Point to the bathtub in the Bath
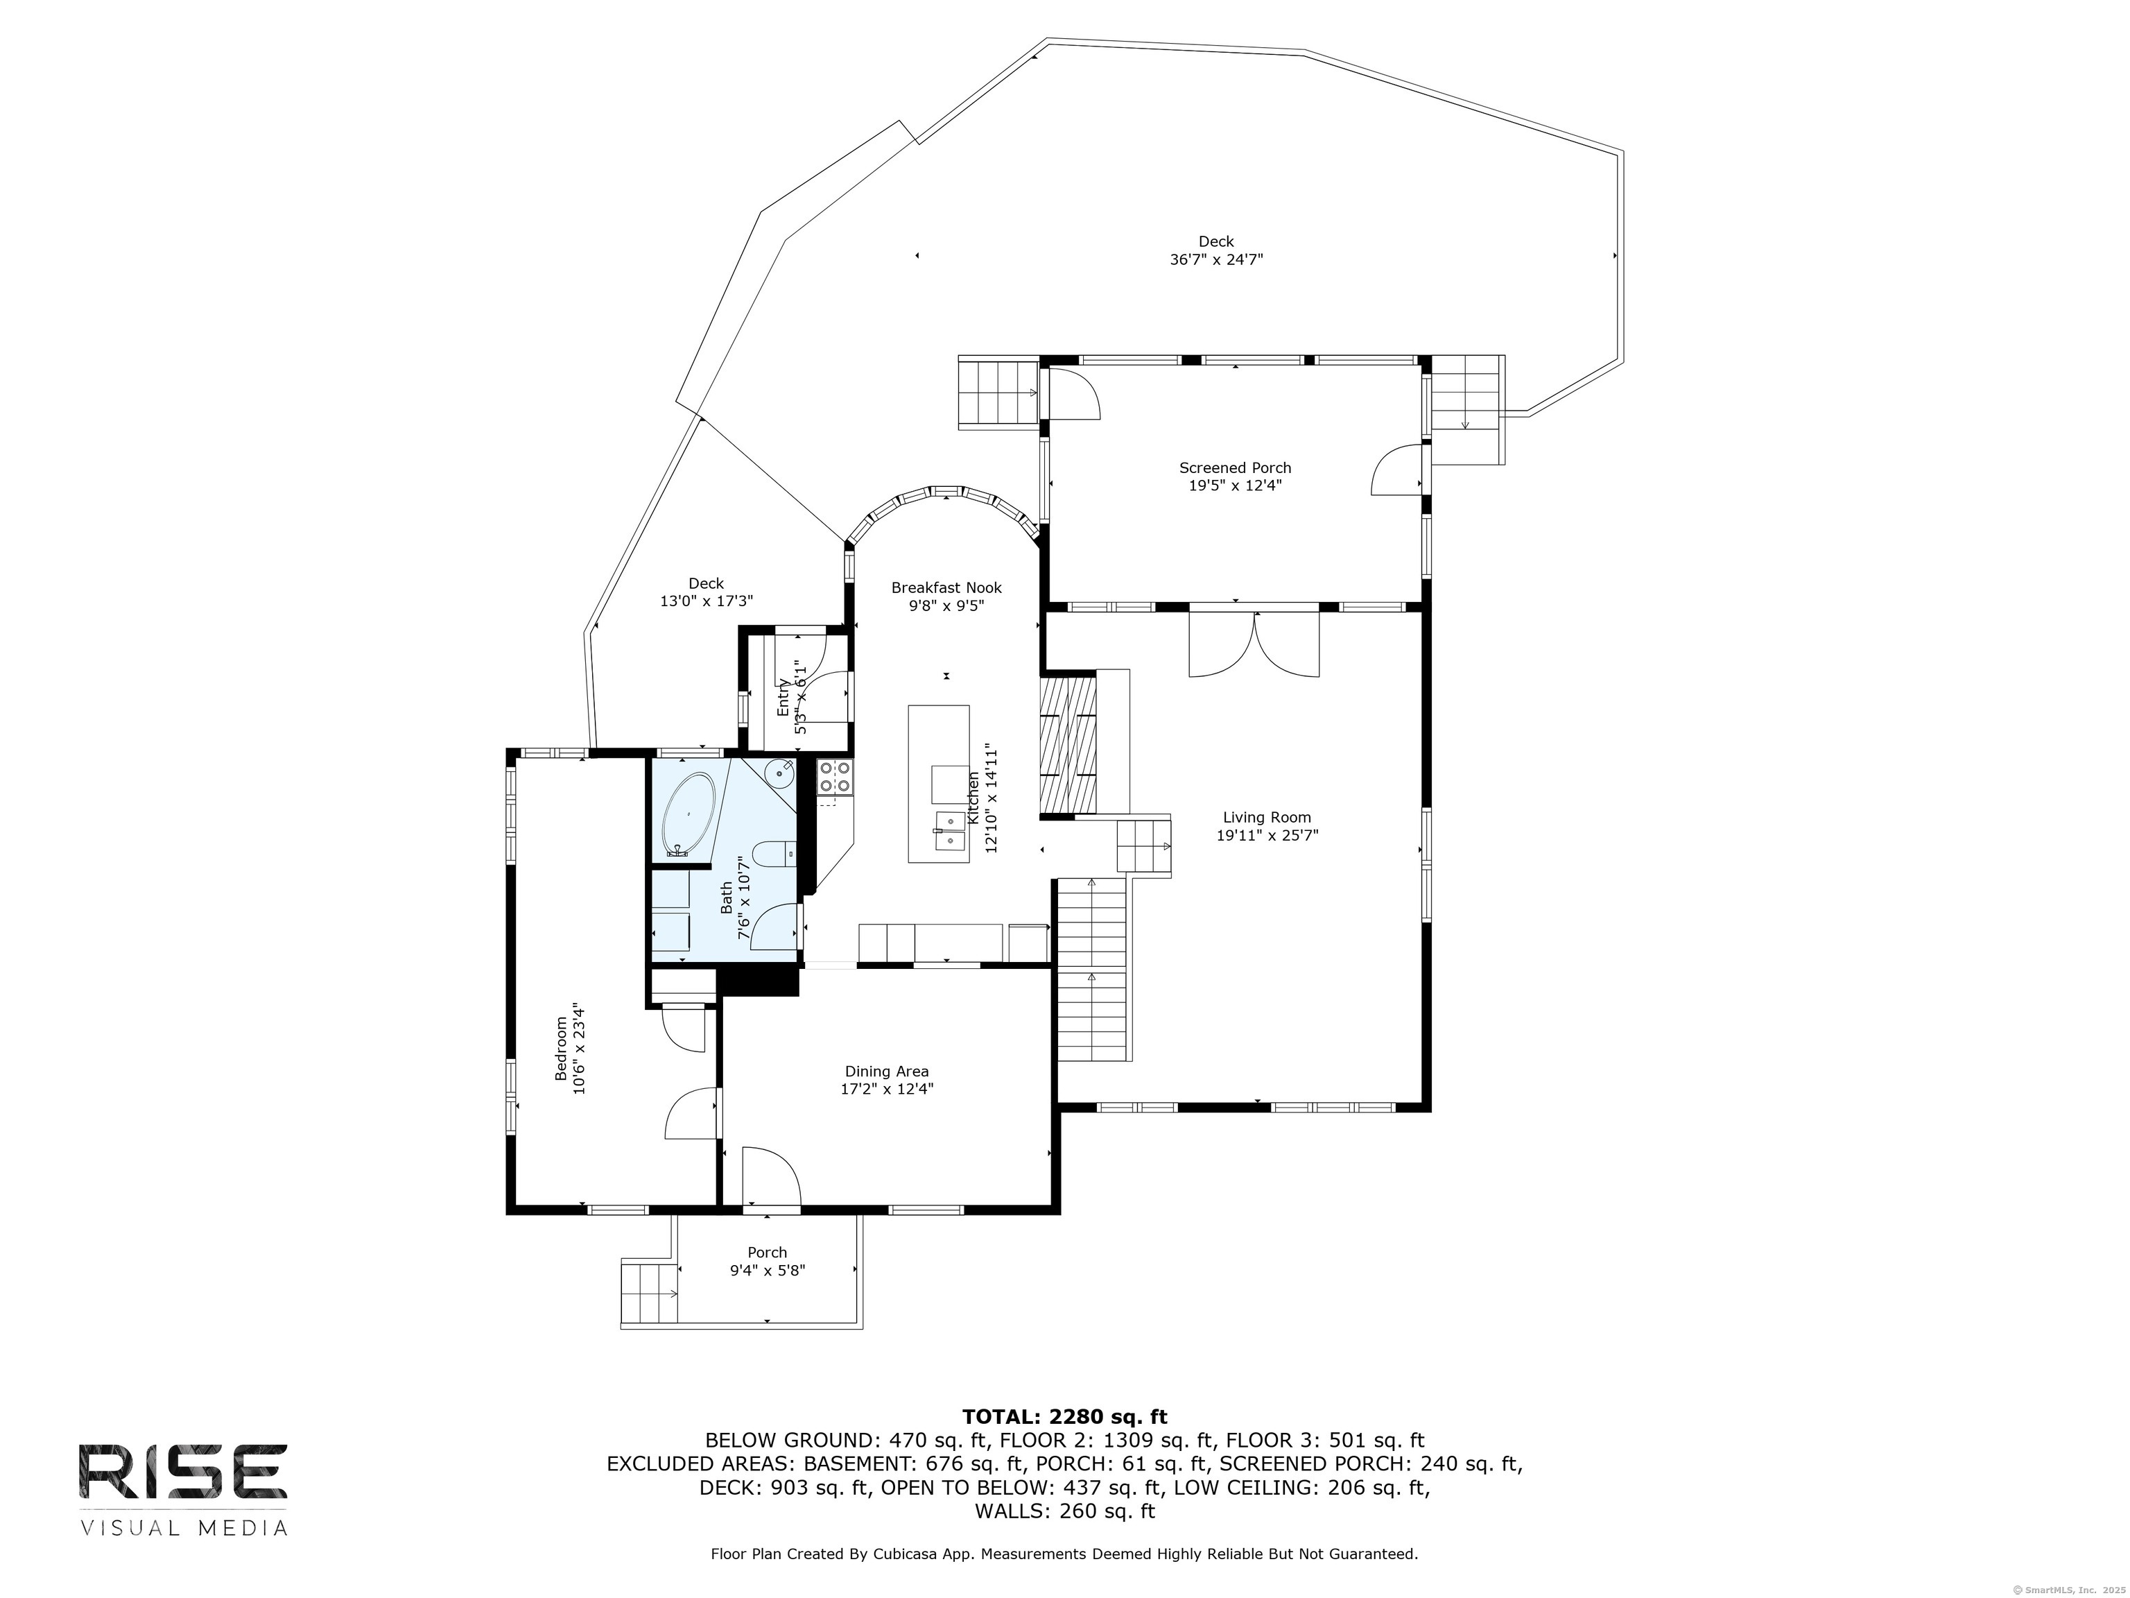pyautogui.click(x=689, y=814)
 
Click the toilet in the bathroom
pyautogui.click(x=774, y=852)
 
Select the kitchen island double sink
pyautogui.click(x=949, y=830)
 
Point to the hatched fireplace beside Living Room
pyautogui.click(x=1068, y=746)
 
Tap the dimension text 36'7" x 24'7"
pyautogui.click(x=1216, y=259)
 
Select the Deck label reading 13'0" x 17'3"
pyautogui.click(x=706, y=592)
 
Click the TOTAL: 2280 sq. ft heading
pyautogui.click(x=1064, y=1417)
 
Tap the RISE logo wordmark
pyautogui.click(x=183, y=1471)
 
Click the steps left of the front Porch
pyautogui.click(x=649, y=1294)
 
